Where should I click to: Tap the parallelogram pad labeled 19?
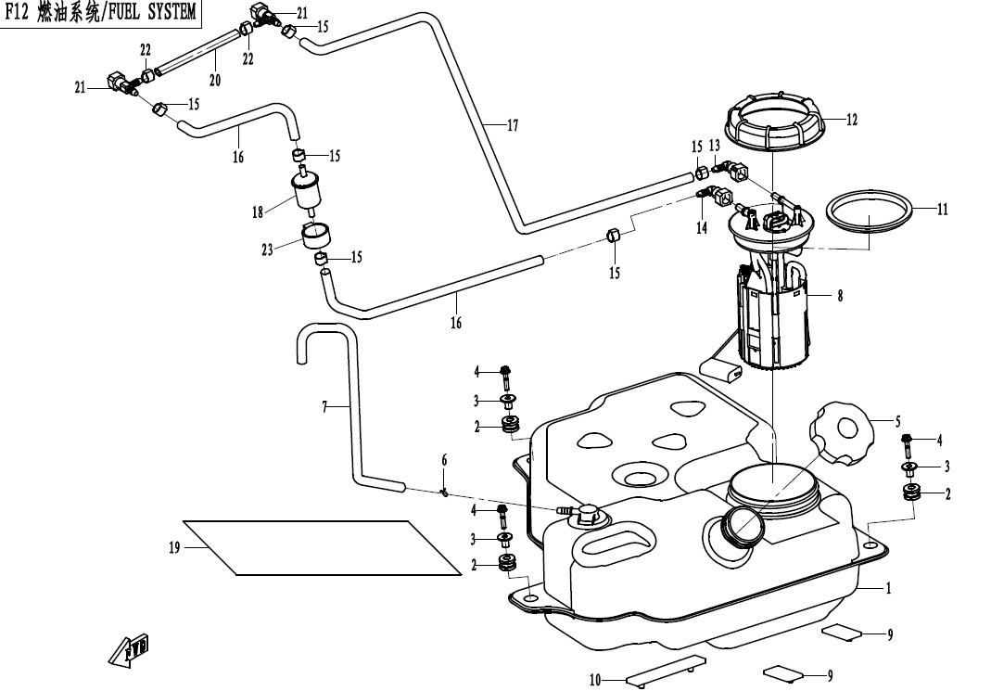tap(323, 547)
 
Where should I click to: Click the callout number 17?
tap(512, 125)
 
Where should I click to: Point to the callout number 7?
tap(324, 408)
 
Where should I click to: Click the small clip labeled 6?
tap(444, 492)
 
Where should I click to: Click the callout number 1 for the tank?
tap(888, 588)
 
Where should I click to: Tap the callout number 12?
tap(852, 119)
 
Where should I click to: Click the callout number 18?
tap(257, 212)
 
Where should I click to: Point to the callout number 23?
tap(267, 250)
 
